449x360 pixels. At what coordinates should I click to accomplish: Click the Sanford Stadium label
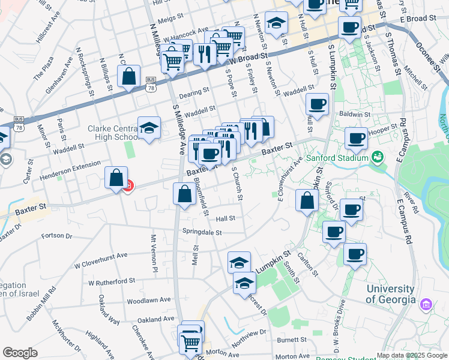(336, 158)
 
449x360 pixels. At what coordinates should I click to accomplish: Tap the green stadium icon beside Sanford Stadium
(378, 158)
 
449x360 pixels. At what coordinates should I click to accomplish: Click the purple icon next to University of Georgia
(426, 305)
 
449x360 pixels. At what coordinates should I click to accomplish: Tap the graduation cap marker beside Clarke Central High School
(149, 127)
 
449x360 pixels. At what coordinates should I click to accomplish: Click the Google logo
(20, 353)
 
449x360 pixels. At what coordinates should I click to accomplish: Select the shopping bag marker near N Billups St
(128, 76)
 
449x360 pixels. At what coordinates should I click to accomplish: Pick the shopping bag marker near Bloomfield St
(184, 193)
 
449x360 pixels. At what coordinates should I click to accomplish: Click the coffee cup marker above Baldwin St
(318, 103)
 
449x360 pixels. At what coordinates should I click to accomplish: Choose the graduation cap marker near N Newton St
(276, 23)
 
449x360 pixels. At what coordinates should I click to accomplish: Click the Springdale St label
(202, 232)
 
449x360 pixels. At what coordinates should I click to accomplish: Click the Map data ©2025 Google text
(412, 355)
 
